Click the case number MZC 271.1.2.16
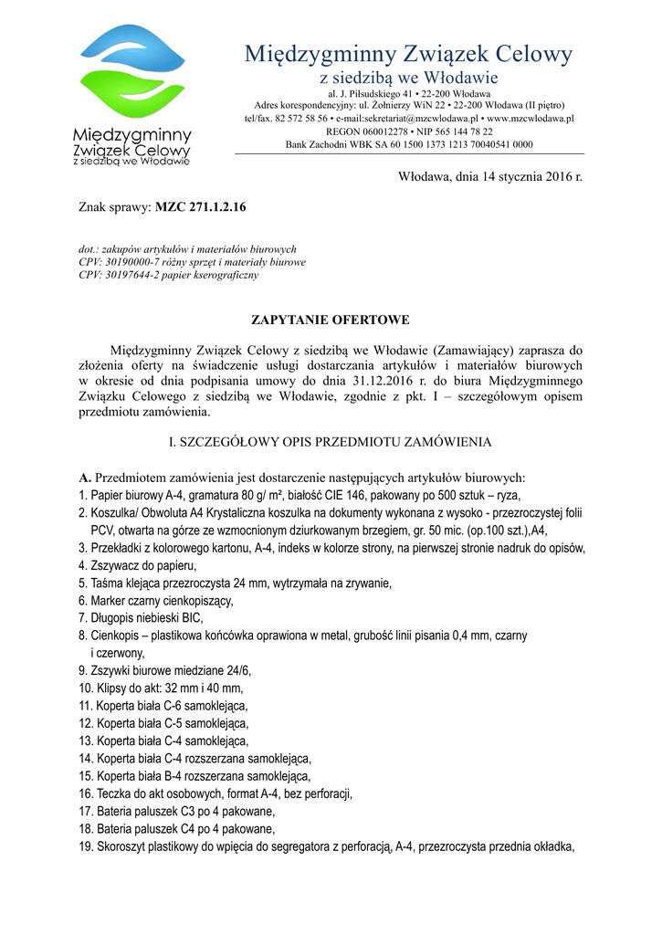coord(201,207)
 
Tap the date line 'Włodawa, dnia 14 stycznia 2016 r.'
coord(490,175)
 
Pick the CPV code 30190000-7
coord(131,261)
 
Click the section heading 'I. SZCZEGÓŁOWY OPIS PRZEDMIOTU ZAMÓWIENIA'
coord(331,442)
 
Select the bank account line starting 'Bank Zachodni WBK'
coord(409,144)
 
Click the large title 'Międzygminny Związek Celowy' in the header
coord(409,54)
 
